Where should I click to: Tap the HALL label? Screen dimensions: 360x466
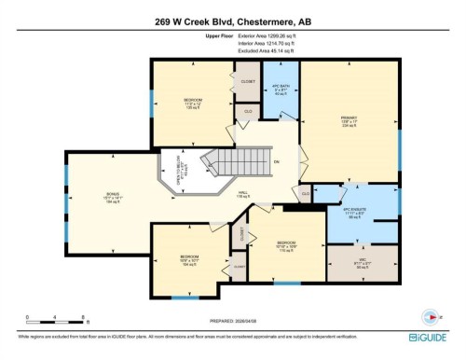(268, 194)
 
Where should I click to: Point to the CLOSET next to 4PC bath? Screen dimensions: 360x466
(248, 82)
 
